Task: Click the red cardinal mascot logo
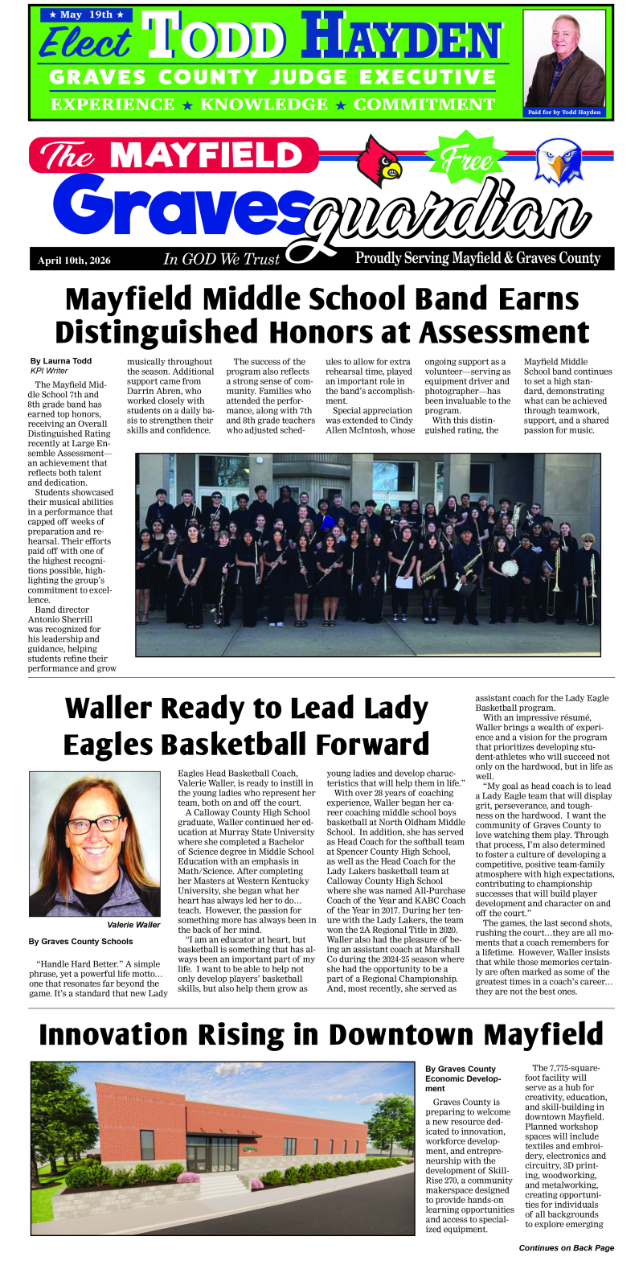(x=379, y=160)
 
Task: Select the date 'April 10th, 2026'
(x=74, y=261)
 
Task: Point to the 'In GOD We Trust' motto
(x=221, y=259)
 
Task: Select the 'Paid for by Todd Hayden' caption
(x=563, y=113)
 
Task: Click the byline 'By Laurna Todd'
(x=61, y=361)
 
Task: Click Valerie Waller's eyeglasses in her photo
(x=94, y=824)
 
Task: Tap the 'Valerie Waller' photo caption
(x=133, y=925)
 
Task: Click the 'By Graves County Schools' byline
(x=80, y=942)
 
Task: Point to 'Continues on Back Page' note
(x=566, y=1248)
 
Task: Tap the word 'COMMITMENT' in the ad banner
(x=424, y=105)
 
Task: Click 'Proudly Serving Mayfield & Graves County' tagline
(x=477, y=258)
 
